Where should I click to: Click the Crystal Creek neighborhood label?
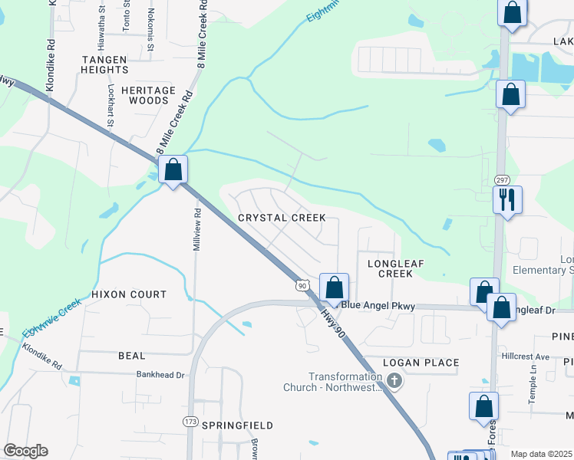[282, 218]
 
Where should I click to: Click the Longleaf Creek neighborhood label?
[396, 268]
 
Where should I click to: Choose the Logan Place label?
[421, 363]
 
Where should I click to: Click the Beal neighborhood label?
[131, 356]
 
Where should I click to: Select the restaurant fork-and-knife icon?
[507, 200]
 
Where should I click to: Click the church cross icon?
[394, 381]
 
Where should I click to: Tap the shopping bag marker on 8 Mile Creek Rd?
[173, 170]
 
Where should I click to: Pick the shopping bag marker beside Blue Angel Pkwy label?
[334, 288]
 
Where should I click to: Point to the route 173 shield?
[191, 422]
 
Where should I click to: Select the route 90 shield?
[302, 285]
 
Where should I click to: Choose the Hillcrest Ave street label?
[529, 356]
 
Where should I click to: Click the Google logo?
[26, 451]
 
